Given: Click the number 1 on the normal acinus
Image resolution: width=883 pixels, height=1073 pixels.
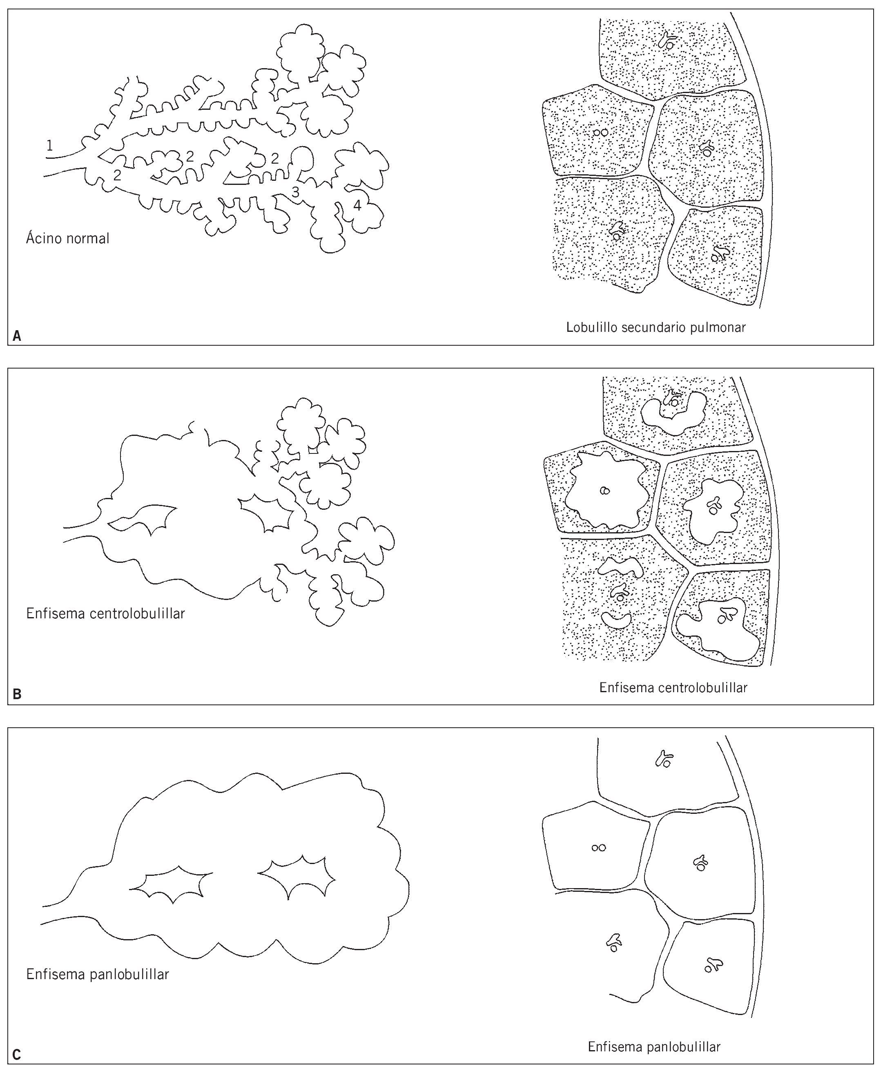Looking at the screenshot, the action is pyautogui.click(x=49, y=146).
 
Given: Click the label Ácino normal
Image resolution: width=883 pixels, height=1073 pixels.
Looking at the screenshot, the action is pyautogui.click(x=68, y=238).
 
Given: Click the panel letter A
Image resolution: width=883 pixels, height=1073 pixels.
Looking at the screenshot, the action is pyautogui.click(x=17, y=336).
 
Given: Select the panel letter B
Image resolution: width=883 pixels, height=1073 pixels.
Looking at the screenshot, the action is pyautogui.click(x=17, y=694).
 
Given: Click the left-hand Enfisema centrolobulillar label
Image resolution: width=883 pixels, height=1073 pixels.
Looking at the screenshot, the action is pyautogui.click(x=105, y=613).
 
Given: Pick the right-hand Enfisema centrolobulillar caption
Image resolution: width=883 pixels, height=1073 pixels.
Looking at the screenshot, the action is pyautogui.click(x=673, y=688).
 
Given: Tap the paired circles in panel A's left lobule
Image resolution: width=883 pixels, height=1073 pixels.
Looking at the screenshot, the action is pyautogui.click(x=601, y=133).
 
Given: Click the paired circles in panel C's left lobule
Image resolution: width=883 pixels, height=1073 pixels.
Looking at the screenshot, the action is pyautogui.click(x=599, y=848).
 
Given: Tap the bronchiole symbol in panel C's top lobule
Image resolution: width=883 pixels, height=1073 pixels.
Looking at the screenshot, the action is pyautogui.click(x=664, y=759).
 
